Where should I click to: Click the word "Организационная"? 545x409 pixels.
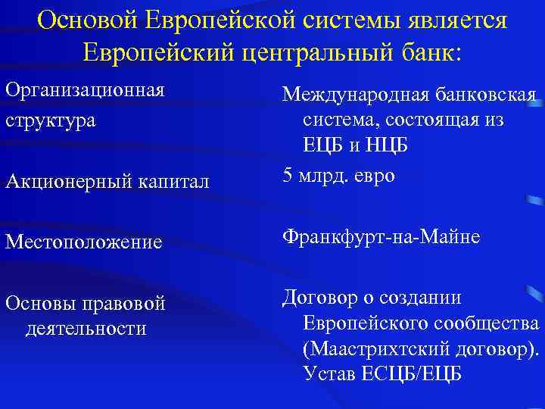(85, 90)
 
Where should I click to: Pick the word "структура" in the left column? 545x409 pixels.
(50, 120)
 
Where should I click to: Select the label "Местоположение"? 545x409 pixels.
(83, 242)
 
